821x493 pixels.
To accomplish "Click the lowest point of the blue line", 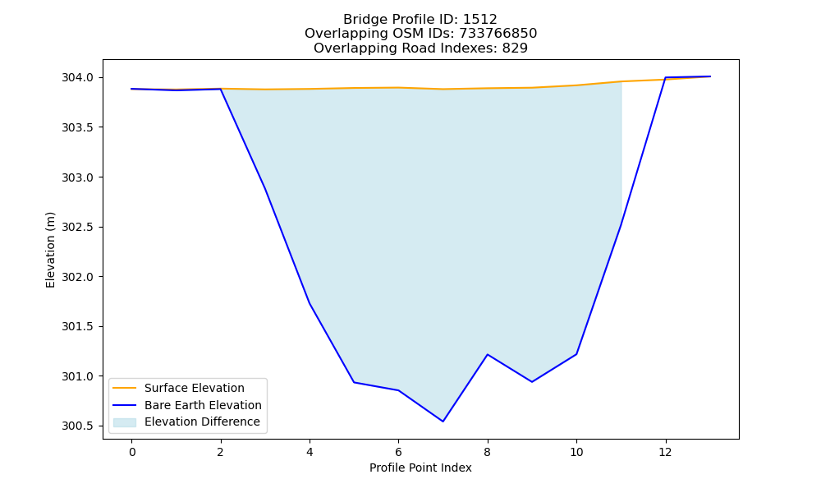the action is pos(443,422).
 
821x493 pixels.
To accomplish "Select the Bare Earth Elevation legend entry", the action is pos(187,405).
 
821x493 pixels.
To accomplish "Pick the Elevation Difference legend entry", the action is pos(186,422).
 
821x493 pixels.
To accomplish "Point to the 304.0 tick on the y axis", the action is pos(77,77).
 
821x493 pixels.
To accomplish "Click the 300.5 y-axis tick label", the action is pos(77,426).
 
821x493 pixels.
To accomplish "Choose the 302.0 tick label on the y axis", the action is pos(77,277).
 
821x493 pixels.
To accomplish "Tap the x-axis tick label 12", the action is pos(666,452).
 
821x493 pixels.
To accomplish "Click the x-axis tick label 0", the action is pos(132,452).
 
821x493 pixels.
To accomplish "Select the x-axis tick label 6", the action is pos(398,452).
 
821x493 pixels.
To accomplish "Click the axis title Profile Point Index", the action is pos(420,468).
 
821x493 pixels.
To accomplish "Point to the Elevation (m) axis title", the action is pos(50,250).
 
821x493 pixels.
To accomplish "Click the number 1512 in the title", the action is pos(480,20).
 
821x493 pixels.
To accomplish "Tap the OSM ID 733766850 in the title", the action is pos(498,34).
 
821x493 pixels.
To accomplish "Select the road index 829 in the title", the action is pos(515,48).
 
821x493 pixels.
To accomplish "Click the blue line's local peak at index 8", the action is pos(488,355).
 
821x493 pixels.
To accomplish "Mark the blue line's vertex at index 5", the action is pos(354,382).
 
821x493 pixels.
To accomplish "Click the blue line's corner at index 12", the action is pos(666,77).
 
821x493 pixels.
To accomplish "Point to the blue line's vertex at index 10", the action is pos(576,354).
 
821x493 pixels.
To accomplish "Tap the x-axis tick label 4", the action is pos(310,452).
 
